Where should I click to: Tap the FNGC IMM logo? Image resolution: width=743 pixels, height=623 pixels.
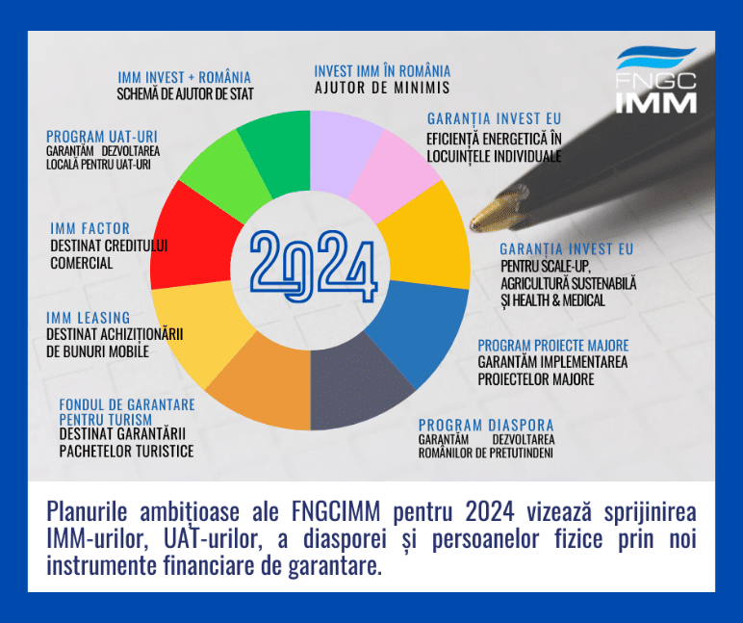[654, 81]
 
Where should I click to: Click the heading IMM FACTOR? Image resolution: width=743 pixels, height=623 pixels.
[90, 228]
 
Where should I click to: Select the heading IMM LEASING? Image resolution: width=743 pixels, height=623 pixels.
[88, 318]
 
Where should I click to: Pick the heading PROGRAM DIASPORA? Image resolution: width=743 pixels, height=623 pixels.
[485, 425]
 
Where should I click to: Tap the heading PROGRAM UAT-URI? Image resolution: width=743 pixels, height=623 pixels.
[101, 136]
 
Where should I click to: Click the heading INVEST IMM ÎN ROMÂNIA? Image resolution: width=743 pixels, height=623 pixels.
[382, 71]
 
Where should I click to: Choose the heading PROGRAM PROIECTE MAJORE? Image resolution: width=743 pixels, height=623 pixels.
[553, 346]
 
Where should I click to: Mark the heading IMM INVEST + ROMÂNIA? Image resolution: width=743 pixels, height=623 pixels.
[184, 77]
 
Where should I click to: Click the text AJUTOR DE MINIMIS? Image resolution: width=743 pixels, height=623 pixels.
[382, 88]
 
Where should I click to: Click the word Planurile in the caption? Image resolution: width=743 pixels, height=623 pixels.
[92, 511]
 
